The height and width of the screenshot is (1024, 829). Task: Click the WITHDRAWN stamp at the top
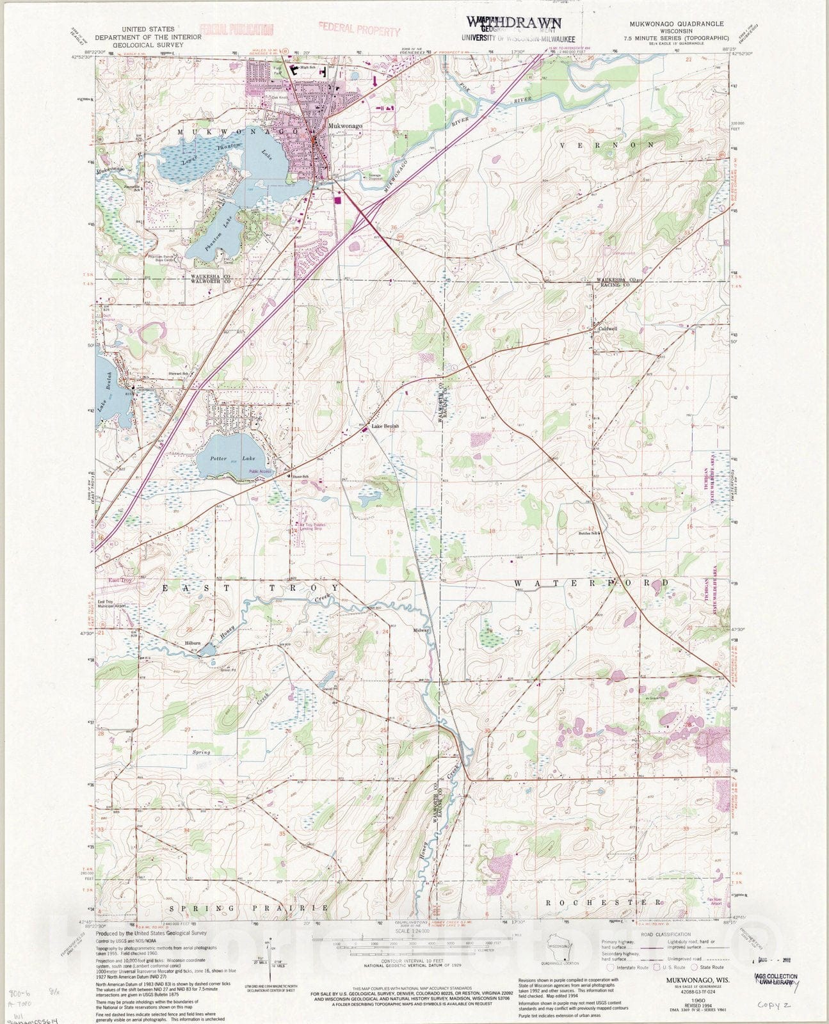click(x=515, y=22)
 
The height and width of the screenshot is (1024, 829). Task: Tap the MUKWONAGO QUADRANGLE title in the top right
click(x=671, y=24)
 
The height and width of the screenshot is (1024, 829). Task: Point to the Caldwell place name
click(x=608, y=328)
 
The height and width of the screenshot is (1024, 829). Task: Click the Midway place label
click(x=421, y=630)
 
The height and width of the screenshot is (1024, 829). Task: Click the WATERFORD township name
click(x=591, y=584)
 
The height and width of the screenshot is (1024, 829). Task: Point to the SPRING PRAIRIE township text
click(x=250, y=908)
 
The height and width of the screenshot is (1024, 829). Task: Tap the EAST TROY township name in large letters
click(x=250, y=588)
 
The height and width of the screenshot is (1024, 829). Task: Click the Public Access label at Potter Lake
click(x=261, y=472)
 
